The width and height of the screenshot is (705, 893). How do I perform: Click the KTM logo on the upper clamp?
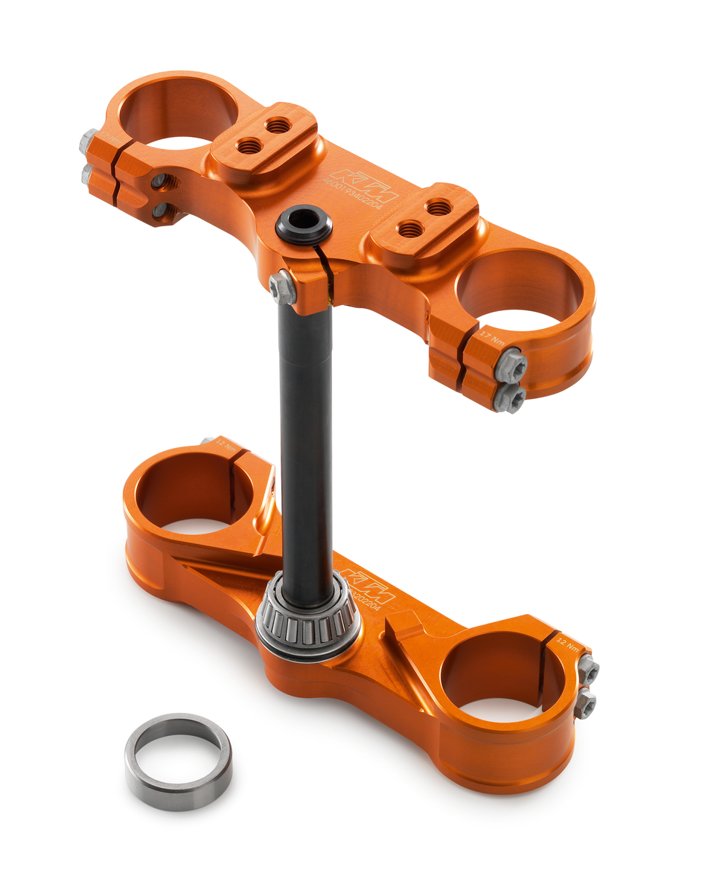[x=365, y=185]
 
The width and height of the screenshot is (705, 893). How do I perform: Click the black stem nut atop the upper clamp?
[x=304, y=223]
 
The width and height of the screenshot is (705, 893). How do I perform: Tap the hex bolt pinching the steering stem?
[x=283, y=287]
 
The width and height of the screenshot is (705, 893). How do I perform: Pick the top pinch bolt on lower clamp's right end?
[x=588, y=670]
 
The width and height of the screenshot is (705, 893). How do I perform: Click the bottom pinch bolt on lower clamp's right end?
[x=585, y=702]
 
